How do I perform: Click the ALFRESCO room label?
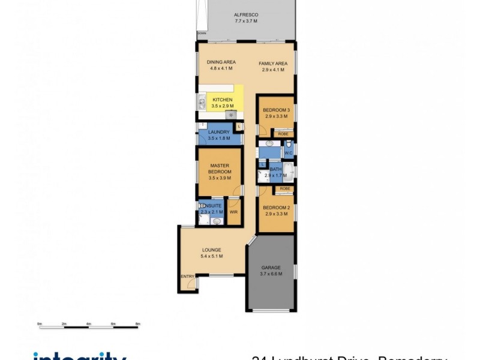click(245, 16)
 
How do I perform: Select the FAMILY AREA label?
click(273, 64)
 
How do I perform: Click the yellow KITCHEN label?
click(222, 100)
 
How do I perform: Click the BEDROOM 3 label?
click(277, 110)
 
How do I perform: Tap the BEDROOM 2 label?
click(277, 208)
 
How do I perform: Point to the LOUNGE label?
click(211, 250)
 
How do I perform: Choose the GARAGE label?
click(271, 268)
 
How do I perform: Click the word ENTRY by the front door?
click(187, 277)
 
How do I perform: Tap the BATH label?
click(276, 170)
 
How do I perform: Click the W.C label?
click(288, 153)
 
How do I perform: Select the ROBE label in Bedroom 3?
click(282, 134)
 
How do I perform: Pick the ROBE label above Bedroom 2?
click(284, 189)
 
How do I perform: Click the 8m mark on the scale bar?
click(137, 324)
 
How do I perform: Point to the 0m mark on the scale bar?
click(40, 324)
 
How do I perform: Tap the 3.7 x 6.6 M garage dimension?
click(271, 274)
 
